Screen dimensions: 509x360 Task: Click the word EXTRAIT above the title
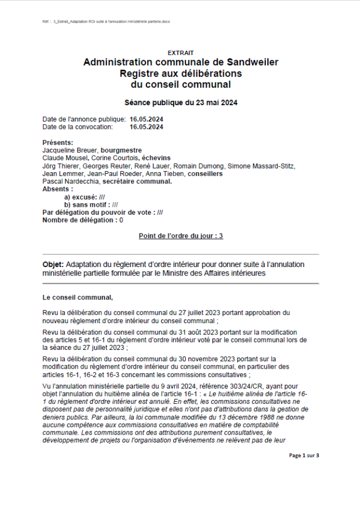(181, 53)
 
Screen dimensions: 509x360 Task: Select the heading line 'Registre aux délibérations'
(181, 73)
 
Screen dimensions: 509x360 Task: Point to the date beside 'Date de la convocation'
(147, 127)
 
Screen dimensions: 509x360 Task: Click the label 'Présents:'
(58, 142)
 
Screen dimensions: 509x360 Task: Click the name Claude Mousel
(65, 158)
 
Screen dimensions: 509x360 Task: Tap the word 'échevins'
(156, 158)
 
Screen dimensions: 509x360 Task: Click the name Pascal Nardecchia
(71, 181)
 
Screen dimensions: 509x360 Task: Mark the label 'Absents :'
(58, 189)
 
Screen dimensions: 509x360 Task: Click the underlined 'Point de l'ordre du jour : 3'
(181, 236)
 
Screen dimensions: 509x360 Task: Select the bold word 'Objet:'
(53, 264)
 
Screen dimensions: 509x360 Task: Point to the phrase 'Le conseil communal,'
(77, 297)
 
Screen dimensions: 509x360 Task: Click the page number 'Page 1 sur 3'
(304, 456)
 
